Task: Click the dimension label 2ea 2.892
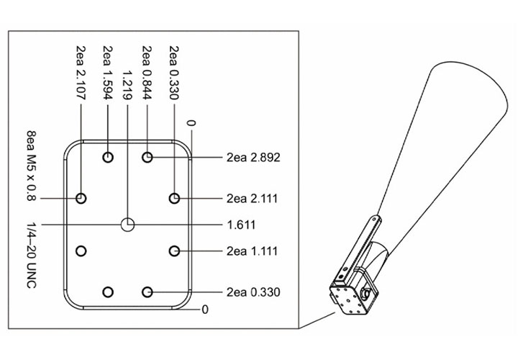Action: click(253, 158)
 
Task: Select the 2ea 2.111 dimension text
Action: click(252, 198)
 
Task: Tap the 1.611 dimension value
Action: click(241, 225)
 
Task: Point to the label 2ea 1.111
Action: click(252, 251)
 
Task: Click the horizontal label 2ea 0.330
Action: click(253, 292)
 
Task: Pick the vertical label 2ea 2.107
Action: click(81, 73)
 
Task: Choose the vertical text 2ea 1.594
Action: click(108, 73)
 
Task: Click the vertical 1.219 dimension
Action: click(127, 85)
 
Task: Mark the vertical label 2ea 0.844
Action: click(147, 73)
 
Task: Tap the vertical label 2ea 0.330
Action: click(174, 73)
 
